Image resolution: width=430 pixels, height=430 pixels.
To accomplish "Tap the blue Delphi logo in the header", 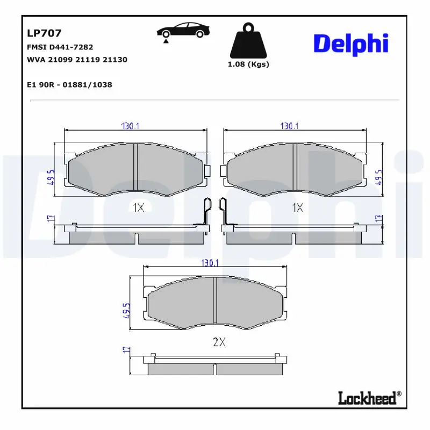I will click(x=350, y=43).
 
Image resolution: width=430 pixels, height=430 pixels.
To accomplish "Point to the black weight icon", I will click(x=248, y=41).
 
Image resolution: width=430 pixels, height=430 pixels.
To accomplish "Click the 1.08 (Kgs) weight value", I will click(x=248, y=64).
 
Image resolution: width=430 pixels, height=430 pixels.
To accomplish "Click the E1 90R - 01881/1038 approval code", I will click(x=69, y=85).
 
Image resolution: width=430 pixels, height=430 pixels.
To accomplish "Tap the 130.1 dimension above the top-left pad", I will click(x=130, y=126).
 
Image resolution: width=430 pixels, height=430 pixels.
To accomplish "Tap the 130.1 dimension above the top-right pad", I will click(x=289, y=126).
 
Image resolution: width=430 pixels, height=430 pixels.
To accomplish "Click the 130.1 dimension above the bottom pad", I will click(x=210, y=263).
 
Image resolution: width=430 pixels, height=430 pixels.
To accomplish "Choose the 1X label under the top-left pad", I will click(x=138, y=207).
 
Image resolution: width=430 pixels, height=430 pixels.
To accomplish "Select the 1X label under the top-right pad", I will click(x=297, y=207).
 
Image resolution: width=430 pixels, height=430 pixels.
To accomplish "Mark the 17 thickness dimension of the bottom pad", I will click(x=126, y=349).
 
